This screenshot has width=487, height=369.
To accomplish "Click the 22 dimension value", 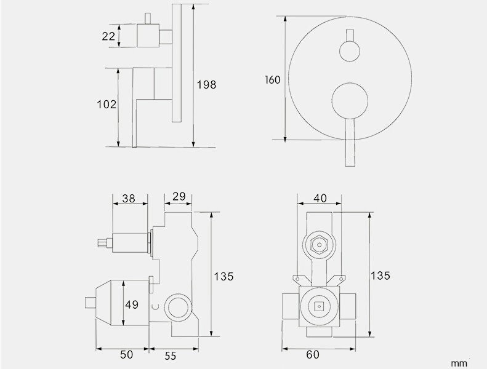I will pos(108,36).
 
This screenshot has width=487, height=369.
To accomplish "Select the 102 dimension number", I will pos(107,105).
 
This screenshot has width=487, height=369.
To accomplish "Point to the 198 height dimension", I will pos(207,85).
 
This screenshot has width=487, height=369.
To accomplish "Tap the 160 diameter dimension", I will pos(273,80).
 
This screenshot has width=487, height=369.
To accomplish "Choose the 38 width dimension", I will pos(129,198).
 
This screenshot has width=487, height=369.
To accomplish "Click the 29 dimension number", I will pos(179,197).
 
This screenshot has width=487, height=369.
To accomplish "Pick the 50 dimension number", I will pos(126,355).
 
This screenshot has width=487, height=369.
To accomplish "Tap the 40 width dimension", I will pos(320,198).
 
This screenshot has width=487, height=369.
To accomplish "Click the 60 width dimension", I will pos(313,355).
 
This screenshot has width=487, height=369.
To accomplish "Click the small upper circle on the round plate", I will pos(349,49).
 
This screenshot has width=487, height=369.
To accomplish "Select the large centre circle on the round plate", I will pos(349,101).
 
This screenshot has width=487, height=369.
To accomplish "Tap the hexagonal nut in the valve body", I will pos(318,245).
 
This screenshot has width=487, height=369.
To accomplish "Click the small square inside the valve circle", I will pos(319,305).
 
